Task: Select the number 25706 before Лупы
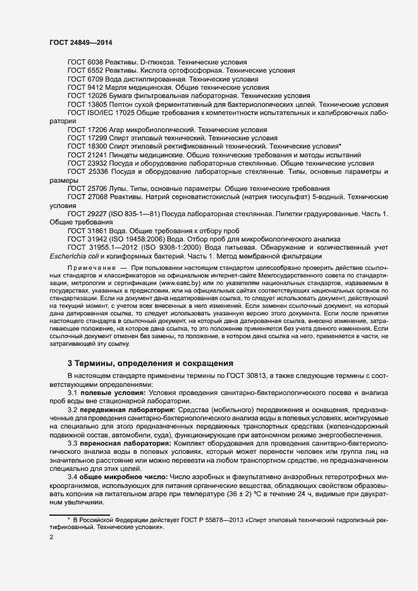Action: coord(97,188)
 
